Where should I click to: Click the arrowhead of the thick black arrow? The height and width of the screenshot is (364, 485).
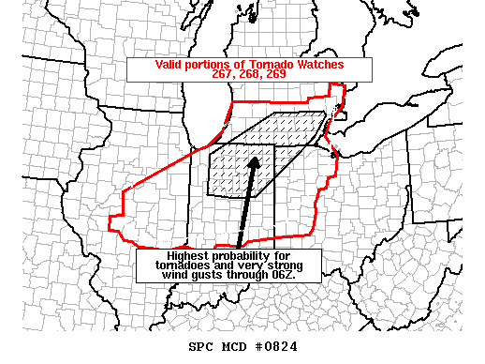[254, 161]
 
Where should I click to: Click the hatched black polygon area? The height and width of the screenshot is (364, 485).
[281, 141]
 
